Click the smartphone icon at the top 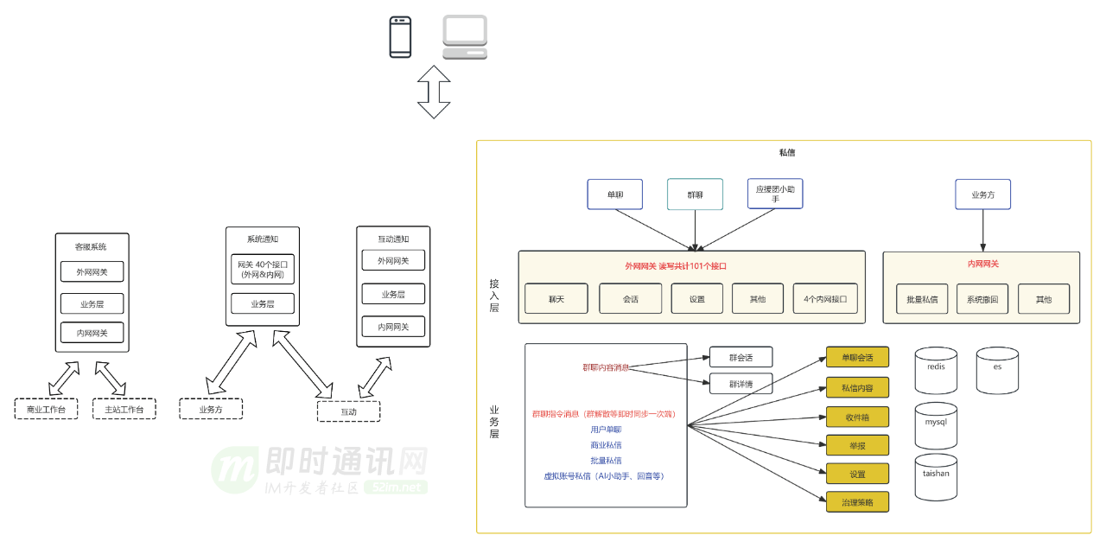pyautogui.click(x=400, y=37)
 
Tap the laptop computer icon pyautogui.click(x=465, y=37)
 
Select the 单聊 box pyautogui.click(x=615, y=194)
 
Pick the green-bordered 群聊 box pyautogui.click(x=695, y=194)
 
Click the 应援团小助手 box pyautogui.click(x=775, y=194)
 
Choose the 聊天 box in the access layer pyautogui.click(x=556, y=299)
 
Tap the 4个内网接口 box pyautogui.click(x=825, y=299)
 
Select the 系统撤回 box pyautogui.click(x=982, y=299)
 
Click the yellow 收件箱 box pyautogui.click(x=857, y=417)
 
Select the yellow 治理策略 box pyautogui.click(x=857, y=501)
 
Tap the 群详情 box pyautogui.click(x=741, y=384)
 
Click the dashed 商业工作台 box pyautogui.click(x=46, y=409)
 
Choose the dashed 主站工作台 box pyautogui.click(x=124, y=409)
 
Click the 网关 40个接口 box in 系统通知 pyautogui.click(x=263, y=270)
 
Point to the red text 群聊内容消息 pyautogui.click(x=605, y=367)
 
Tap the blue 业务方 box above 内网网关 pyautogui.click(x=982, y=194)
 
